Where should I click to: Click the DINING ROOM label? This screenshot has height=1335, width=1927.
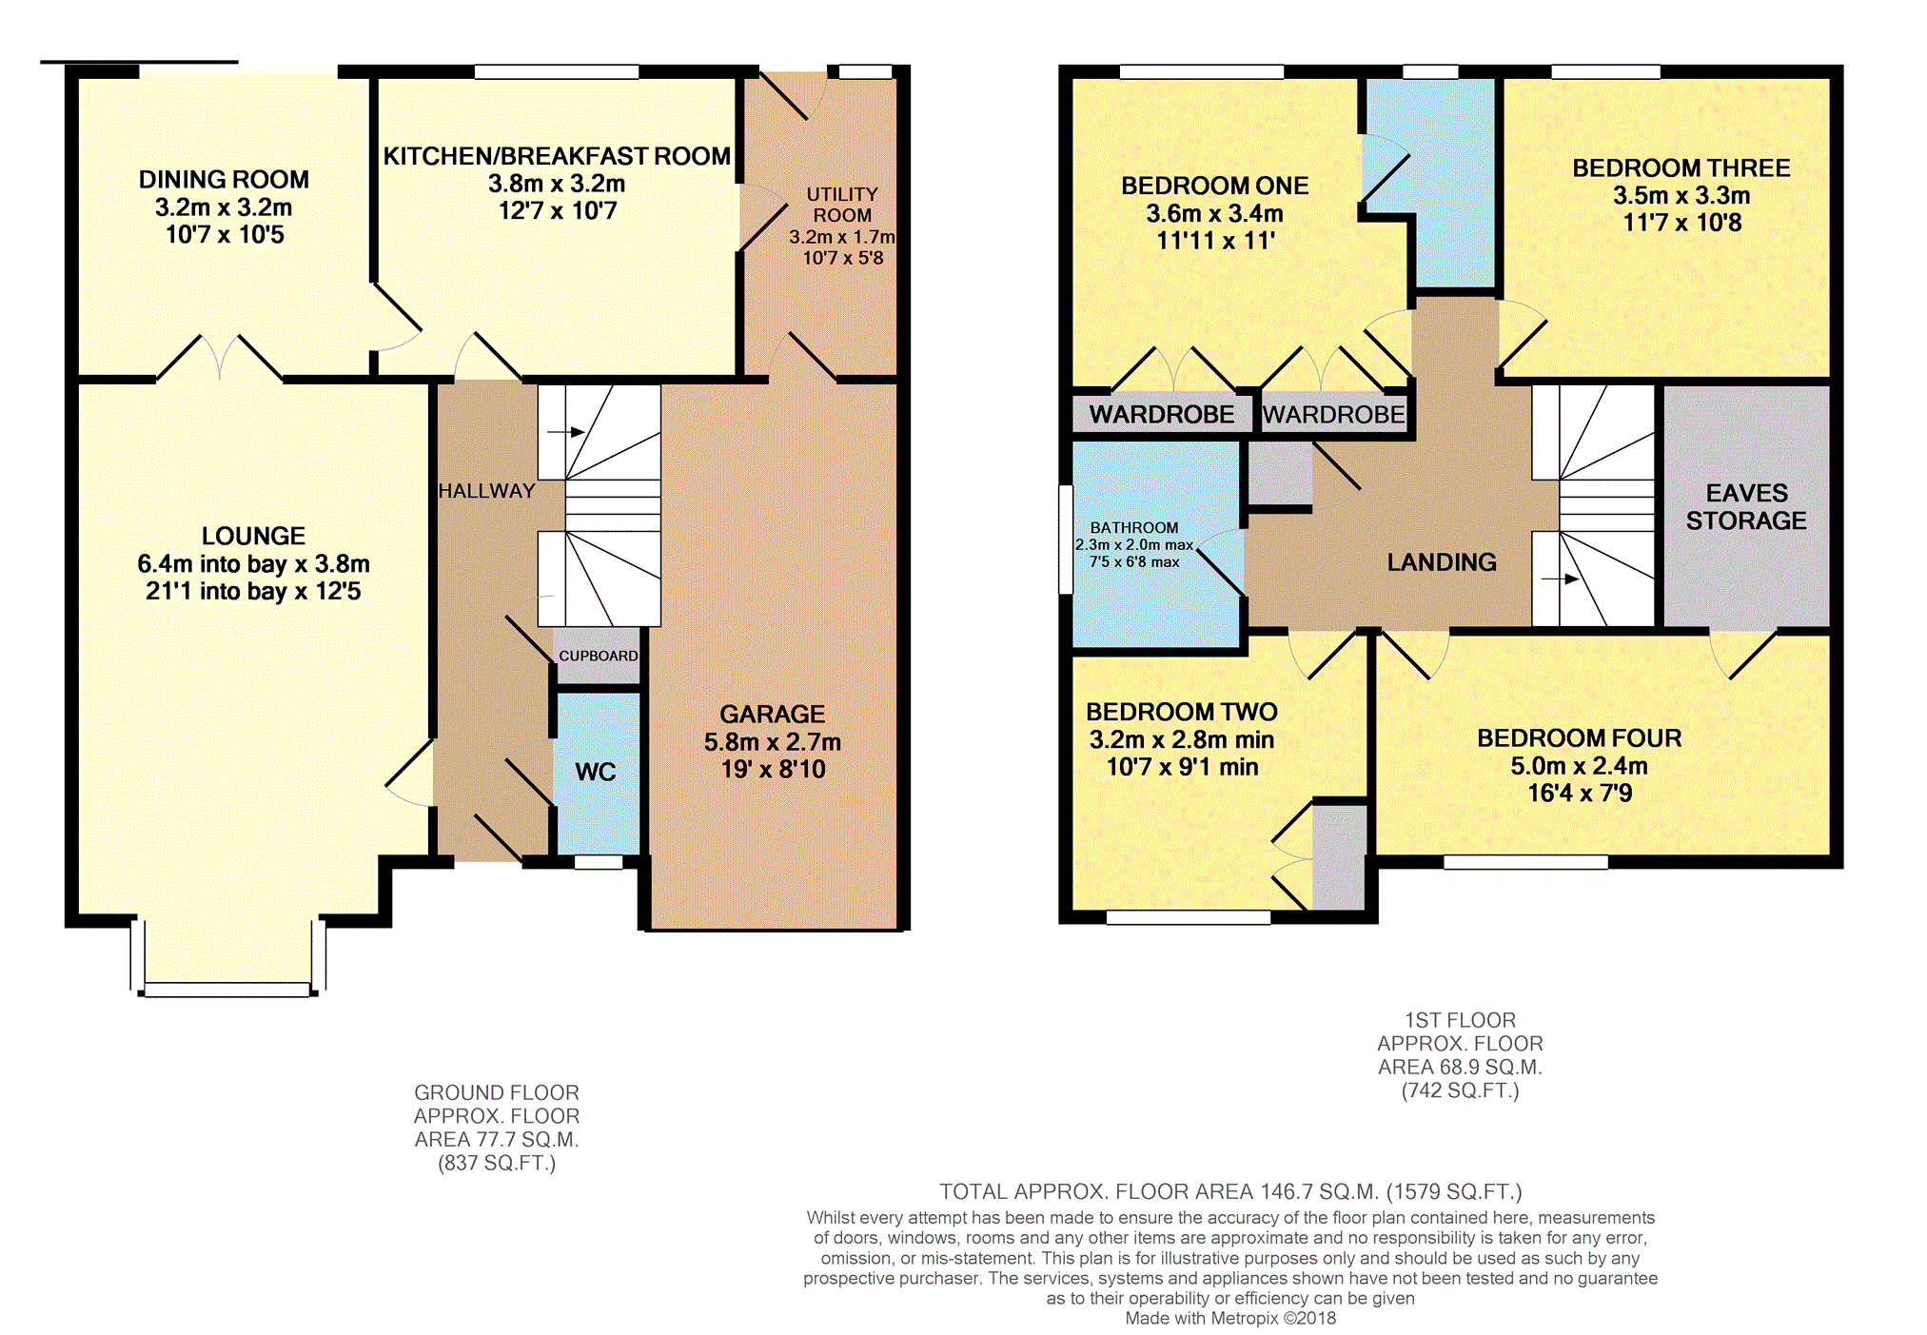coord(224,180)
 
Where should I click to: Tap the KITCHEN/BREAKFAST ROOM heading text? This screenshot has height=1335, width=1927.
coord(557,156)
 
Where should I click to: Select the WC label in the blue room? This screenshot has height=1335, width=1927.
coord(596,772)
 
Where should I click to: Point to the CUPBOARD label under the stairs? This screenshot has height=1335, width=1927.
coord(599,656)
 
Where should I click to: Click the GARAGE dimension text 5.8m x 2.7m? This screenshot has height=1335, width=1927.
coord(773,742)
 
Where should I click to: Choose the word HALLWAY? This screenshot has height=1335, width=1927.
coord(486,491)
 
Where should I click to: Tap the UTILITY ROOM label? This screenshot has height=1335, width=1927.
coord(842,205)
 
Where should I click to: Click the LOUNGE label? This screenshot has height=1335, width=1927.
coord(253,536)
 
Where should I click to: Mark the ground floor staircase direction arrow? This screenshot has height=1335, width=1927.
coord(565,432)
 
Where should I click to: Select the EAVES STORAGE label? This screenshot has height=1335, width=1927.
coord(1746,506)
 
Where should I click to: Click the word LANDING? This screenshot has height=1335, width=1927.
coord(1442,562)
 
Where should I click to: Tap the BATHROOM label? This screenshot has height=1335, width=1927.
coord(1134,527)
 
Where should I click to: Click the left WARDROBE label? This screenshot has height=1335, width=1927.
coord(1162,414)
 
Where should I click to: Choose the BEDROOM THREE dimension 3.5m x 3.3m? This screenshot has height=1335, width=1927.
coord(1681,196)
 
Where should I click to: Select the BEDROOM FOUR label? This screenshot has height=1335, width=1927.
coord(1580,738)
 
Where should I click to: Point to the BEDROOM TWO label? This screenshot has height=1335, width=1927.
coord(1182,712)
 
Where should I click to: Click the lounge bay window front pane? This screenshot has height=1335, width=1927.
coord(226,990)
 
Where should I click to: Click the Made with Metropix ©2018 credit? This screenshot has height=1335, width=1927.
coord(1230,1318)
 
